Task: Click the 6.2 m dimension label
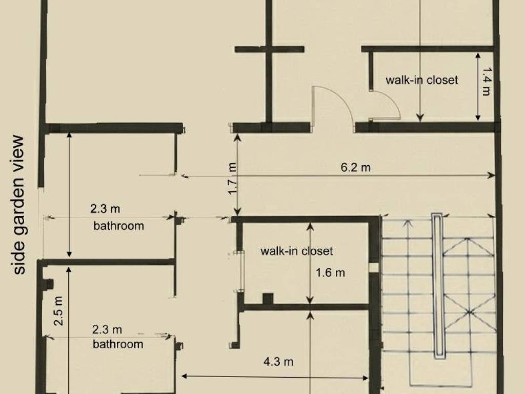pyautogui.click(x=356, y=167)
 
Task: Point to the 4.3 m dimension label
pyautogui.click(x=278, y=362)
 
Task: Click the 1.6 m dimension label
pyautogui.click(x=330, y=273)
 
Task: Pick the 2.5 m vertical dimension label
pyautogui.click(x=58, y=311)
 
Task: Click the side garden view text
pyautogui.click(x=19, y=205)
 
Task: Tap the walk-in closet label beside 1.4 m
pyautogui.click(x=421, y=80)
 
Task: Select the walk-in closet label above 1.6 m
pyautogui.click(x=297, y=251)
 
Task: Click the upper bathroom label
pyautogui.click(x=118, y=226)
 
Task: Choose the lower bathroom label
pyautogui.click(x=118, y=344)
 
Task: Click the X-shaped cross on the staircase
pyautogui.click(x=469, y=312)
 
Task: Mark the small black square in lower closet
pyautogui.click(x=268, y=299)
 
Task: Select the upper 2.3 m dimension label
pyautogui.click(x=105, y=209)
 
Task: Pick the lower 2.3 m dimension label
pyautogui.click(x=107, y=330)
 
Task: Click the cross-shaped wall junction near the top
pyautogui.click(x=269, y=50)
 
